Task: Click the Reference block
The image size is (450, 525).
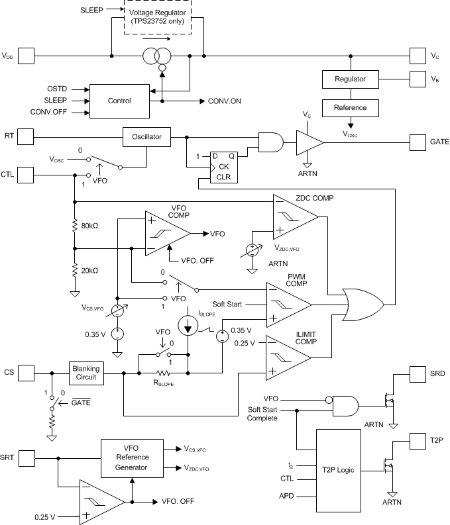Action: coord(349,107)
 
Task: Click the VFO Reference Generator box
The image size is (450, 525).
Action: coord(132,457)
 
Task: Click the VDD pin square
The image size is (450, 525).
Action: coord(26,57)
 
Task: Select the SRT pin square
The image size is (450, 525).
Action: coord(26,457)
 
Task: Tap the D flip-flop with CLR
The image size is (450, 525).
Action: coord(219,166)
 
